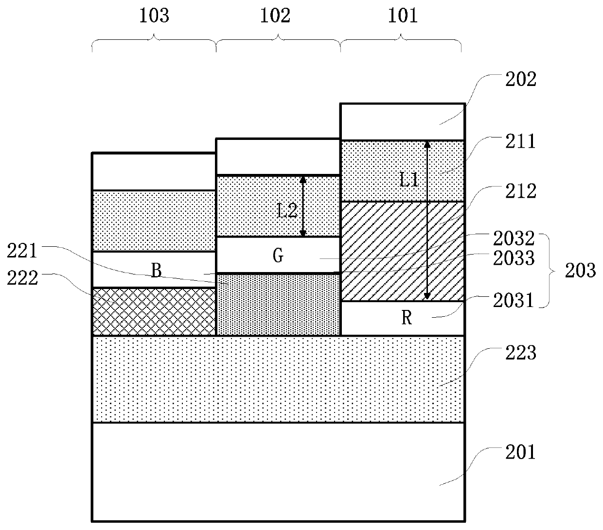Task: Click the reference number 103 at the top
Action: click(154, 16)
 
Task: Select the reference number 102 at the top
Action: click(276, 16)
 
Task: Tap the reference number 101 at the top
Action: click(403, 16)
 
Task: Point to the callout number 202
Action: click(520, 79)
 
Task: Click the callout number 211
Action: click(520, 141)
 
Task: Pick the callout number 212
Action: click(520, 191)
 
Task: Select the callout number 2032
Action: click(514, 239)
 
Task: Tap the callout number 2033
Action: click(514, 258)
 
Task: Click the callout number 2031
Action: click(514, 301)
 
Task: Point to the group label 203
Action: click(580, 270)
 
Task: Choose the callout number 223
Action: click(520, 352)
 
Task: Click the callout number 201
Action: click(520, 452)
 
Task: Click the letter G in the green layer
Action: click(278, 256)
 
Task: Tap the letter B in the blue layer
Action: click(156, 271)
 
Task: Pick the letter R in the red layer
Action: click(407, 318)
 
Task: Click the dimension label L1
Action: click(409, 180)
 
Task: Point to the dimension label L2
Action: click(286, 211)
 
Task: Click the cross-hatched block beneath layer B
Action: click(154, 311)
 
